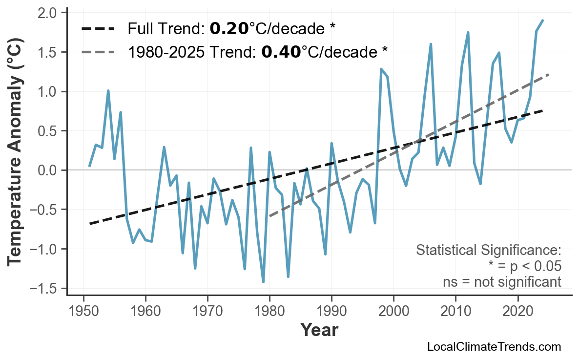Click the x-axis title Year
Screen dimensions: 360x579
click(319, 330)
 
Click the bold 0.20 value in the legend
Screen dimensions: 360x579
click(229, 29)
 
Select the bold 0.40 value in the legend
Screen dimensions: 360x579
click(281, 51)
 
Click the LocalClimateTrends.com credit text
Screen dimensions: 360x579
click(494, 347)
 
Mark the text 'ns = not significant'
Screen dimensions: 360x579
click(502, 282)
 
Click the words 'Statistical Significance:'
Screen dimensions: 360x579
click(488, 251)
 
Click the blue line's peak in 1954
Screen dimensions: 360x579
click(108, 90)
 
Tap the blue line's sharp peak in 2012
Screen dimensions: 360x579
click(468, 33)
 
